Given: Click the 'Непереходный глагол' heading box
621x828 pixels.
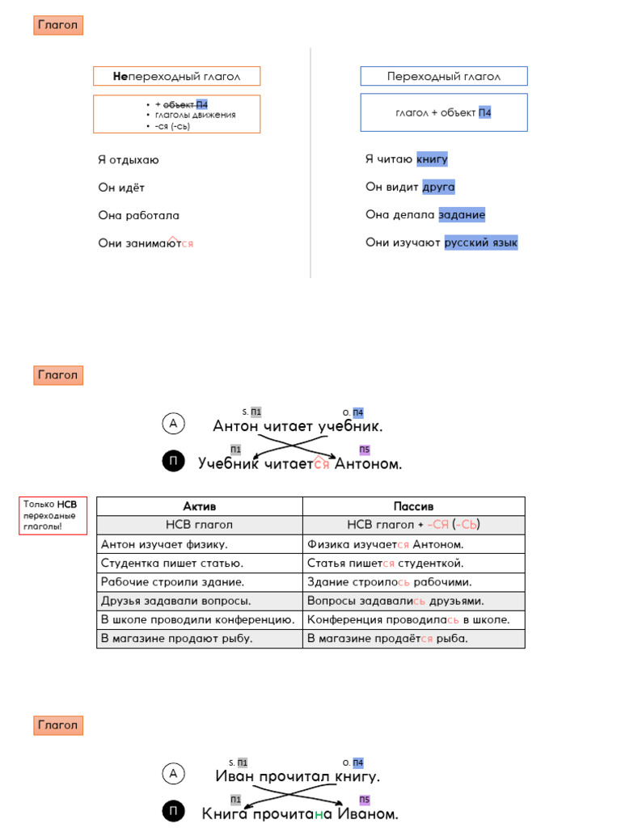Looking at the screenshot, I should pyautogui.click(x=177, y=77).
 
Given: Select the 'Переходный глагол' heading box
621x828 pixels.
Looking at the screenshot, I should pyautogui.click(x=443, y=77).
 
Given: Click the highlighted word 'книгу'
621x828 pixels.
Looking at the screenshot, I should pyautogui.click(x=432, y=159).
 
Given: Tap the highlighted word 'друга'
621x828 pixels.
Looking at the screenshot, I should pyautogui.click(x=438, y=187).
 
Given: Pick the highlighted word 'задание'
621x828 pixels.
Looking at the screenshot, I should pyautogui.click(x=462, y=214).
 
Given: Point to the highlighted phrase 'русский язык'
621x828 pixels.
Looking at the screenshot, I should pyautogui.click(x=480, y=242).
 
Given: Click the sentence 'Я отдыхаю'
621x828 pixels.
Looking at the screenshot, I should pyautogui.click(x=129, y=160).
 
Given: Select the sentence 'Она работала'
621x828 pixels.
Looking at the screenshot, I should pyautogui.click(x=138, y=215).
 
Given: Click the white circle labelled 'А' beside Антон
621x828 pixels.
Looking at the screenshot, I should pyautogui.click(x=173, y=423).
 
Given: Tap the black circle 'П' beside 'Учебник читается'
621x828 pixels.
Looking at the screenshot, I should pyautogui.click(x=173, y=462).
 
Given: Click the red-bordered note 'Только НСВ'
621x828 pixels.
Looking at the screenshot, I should pyautogui.click(x=53, y=516).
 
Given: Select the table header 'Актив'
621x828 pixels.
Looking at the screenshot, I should pyautogui.click(x=199, y=505).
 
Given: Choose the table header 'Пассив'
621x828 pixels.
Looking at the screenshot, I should pyautogui.click(x=413, y=505).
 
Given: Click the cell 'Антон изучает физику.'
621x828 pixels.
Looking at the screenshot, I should pyautogui.click(x=164, y=544).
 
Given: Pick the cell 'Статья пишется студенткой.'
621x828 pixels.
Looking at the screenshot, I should pyautogui.click(x=386, y=563).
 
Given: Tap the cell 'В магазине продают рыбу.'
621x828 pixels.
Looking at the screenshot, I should pyautogui.click(x=176, y=638).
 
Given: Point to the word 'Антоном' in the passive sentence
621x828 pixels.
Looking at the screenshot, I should pyautogui.click(x=368, y=464).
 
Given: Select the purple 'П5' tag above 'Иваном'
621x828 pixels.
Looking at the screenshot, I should pyautogui.click(x=364, y=800).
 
